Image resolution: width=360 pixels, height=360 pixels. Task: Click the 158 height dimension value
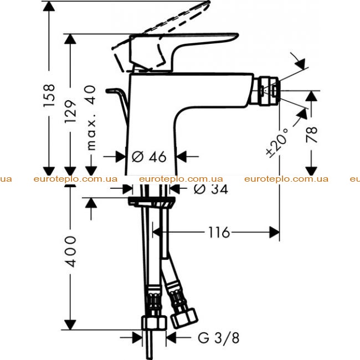49,95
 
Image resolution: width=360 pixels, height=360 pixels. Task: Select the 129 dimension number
70,111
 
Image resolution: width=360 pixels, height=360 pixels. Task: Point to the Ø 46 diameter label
149,157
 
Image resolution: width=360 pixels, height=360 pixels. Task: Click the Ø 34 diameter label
211,189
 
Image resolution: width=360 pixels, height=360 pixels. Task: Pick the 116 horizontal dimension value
219,232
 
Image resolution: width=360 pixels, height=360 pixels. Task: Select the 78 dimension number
312,135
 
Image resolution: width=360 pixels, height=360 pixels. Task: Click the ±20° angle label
277,143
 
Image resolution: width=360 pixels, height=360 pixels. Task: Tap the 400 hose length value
70,251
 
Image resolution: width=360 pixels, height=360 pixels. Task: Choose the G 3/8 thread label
219,338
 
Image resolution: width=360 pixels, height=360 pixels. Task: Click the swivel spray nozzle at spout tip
266,90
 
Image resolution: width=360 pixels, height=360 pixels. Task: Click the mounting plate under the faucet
152,202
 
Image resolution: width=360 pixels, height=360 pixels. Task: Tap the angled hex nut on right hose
184,318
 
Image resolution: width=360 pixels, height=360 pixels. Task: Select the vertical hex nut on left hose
154,323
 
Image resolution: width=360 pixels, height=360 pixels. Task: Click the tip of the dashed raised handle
209,2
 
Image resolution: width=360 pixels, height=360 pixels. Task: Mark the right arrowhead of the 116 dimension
274,232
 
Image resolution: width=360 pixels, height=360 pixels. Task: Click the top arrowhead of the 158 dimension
49,6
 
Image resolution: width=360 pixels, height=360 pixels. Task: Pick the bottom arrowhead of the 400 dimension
70,325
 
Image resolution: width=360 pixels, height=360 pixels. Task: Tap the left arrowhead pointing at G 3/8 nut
137,337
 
